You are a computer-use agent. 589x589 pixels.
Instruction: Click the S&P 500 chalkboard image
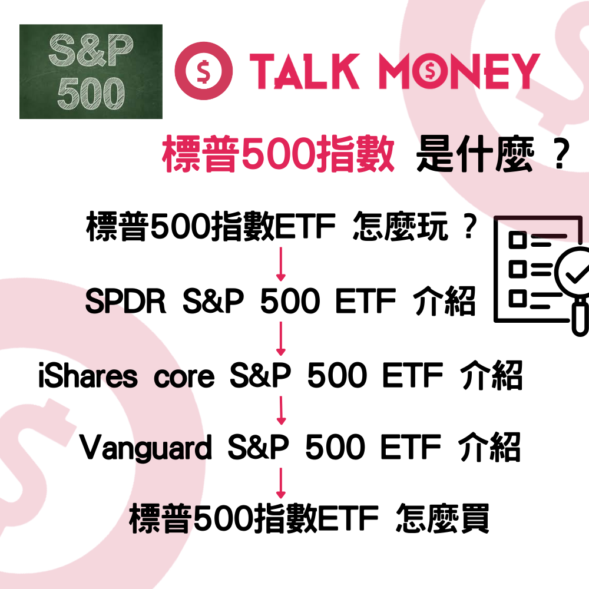(91, 71)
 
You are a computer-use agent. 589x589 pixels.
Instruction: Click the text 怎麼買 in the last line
(443, 519)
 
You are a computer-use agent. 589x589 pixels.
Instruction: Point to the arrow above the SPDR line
(281, 265)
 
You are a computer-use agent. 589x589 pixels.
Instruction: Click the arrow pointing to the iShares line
(281, 339)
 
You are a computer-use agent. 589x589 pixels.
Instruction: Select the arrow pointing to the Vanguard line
(281, 411)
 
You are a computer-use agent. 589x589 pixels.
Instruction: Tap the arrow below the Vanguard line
(281, 483)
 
